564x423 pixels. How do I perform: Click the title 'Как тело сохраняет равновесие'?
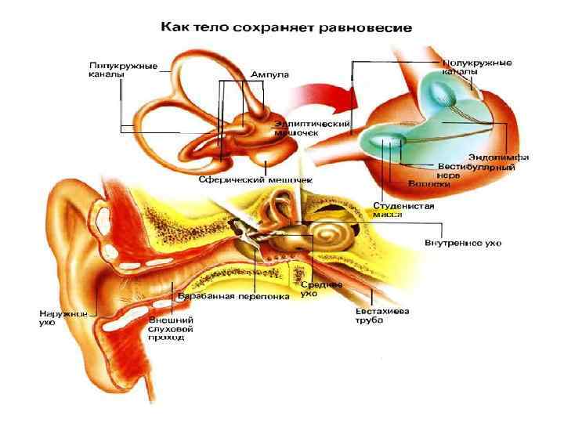[x=287, y=27]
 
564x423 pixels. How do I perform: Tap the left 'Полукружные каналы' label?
[x=122, y=69]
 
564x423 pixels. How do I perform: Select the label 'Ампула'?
[x=269, y=74]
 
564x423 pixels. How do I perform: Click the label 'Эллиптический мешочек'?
[x=311, y=128]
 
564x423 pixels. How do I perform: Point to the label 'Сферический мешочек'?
[x=255, y=179]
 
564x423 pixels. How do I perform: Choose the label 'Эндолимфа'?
[x=498, y=157]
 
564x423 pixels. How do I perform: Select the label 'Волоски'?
[x=428, y=185]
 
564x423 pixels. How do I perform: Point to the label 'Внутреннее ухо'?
[x=462, y=243]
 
